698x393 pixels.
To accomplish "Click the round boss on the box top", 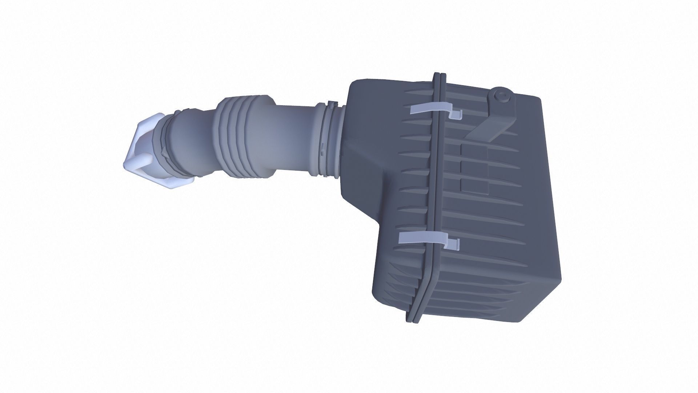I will pos(502,96).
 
